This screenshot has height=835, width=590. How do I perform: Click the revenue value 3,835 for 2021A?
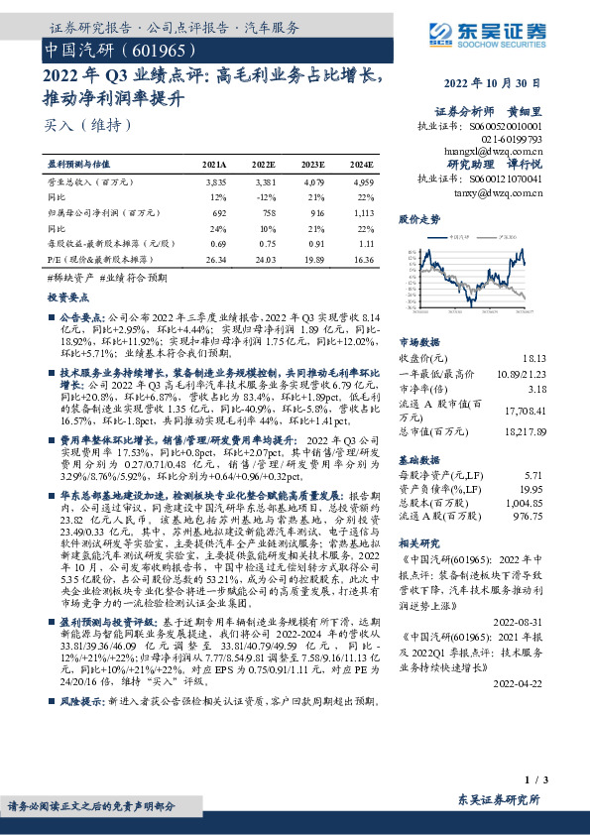[216, 183]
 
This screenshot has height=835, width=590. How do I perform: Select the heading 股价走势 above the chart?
[417, 217]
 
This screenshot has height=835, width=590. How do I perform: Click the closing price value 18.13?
[534, 357]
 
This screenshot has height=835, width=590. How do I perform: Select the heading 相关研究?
[417, 544]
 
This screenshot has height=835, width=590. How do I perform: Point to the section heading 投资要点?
[66, 297]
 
